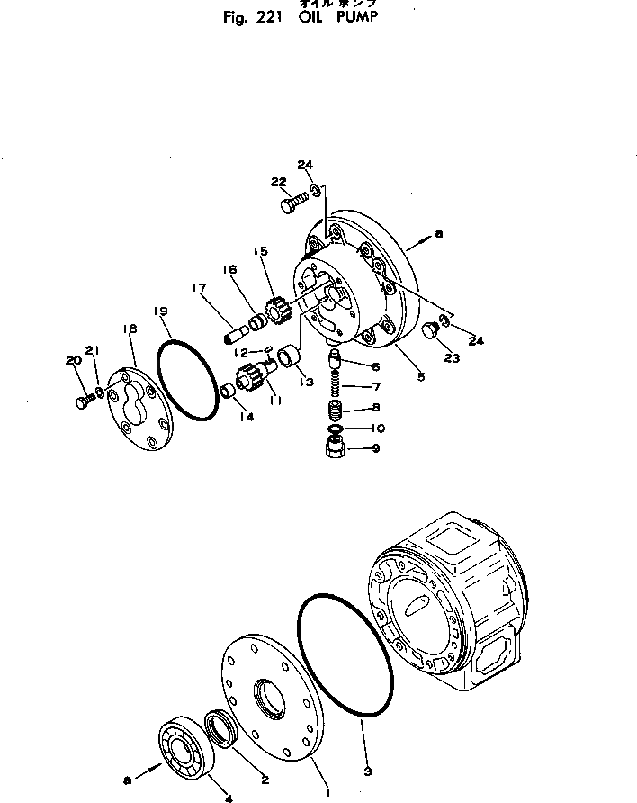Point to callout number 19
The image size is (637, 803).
pyautogui.click(x=161, y=312)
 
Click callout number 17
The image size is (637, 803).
pyautogui.click(x=198, y=288)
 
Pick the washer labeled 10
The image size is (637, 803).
pyautogui.click(x=334, y=428)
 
